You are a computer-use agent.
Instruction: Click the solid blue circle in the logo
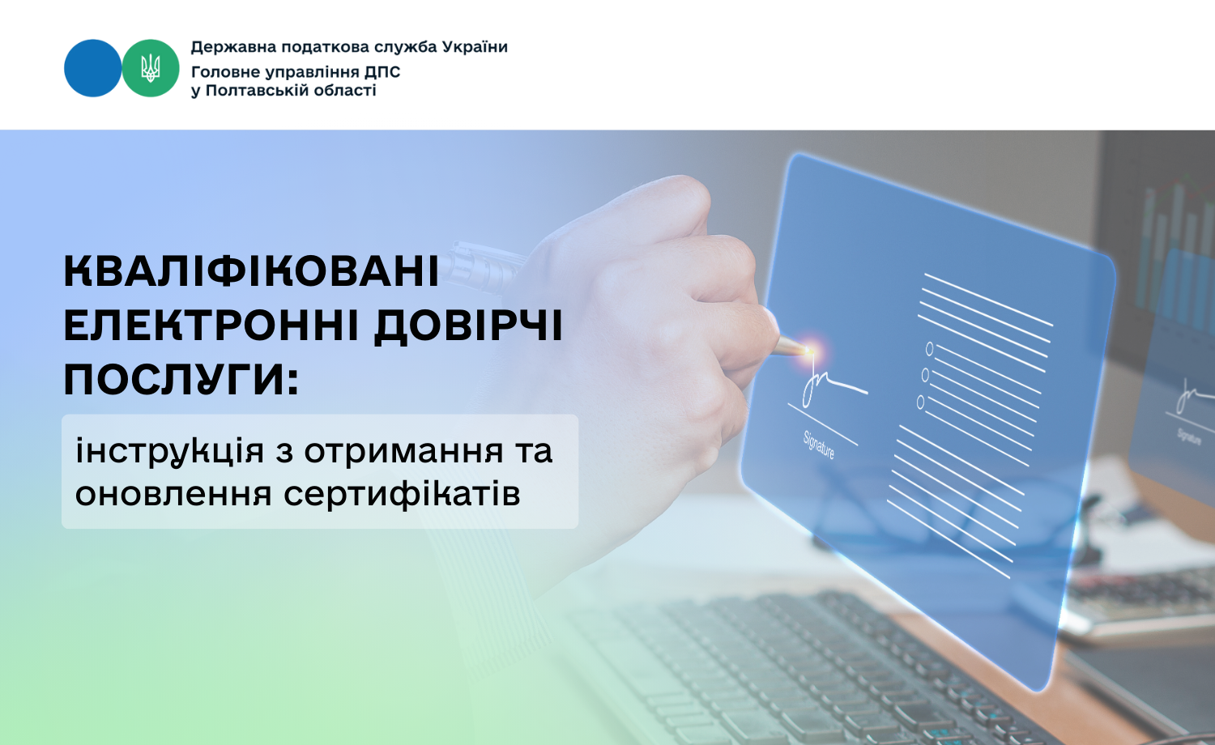coord(93,68)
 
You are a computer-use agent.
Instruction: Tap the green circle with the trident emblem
coord(150,68)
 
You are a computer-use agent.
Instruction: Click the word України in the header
coord(475,47)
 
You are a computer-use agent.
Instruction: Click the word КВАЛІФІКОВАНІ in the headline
coord(251,271)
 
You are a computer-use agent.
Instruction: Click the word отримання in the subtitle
coord(403,451)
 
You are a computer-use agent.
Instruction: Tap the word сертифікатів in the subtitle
coord(402,493)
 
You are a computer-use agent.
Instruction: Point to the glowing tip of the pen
coord(809,351)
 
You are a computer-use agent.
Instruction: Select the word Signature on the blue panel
coord(818,445)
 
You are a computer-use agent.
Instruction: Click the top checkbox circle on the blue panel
coord(929,349)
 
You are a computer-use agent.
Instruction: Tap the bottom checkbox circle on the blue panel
coord(920,402)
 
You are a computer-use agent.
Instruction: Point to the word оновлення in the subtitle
coord(173,494)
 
